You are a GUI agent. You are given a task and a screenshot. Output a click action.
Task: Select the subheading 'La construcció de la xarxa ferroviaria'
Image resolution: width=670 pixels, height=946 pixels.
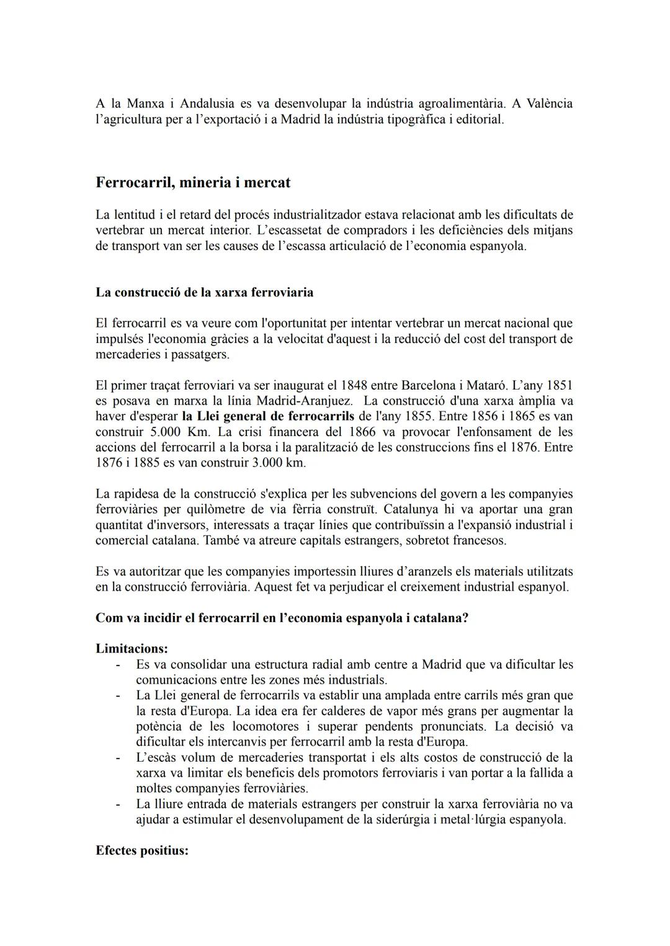coord(204,292)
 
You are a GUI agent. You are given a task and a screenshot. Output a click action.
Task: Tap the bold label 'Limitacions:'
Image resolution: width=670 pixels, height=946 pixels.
coord(132,649)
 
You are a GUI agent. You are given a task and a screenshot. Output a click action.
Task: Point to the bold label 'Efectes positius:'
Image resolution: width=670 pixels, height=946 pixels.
coord(141,850)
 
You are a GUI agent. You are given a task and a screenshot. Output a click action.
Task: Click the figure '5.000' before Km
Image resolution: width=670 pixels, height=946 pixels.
coord(164,432)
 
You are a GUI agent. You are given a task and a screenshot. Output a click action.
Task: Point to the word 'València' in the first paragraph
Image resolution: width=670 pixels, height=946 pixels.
coord(547,103)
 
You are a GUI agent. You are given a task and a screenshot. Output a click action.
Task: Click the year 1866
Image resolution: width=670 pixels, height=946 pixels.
coord(362,432)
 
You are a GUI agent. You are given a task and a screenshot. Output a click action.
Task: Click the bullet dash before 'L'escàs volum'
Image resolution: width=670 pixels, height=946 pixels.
coord(118,757)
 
